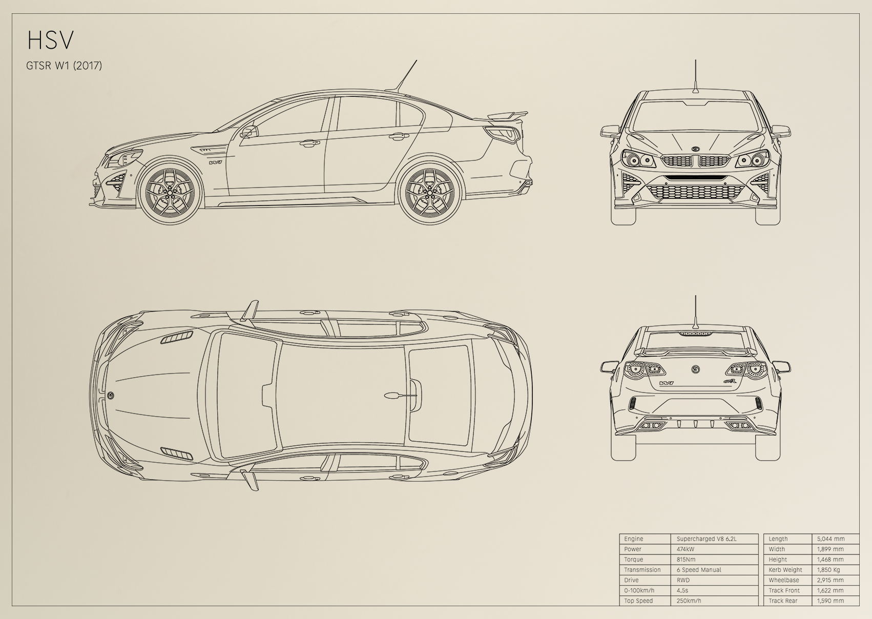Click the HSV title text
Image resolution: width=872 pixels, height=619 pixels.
50,40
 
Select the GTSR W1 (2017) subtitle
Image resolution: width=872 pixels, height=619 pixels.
64,66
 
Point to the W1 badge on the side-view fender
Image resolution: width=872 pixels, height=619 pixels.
215,162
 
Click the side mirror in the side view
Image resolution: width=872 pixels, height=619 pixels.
249,132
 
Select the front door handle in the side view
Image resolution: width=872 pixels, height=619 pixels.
307,144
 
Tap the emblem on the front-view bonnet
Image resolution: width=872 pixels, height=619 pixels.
696,149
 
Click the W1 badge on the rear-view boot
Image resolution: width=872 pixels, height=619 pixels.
667,383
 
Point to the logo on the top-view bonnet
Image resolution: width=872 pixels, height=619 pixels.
111,395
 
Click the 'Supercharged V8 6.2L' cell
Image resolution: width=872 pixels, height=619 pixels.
707,539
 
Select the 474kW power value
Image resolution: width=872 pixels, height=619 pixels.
686,549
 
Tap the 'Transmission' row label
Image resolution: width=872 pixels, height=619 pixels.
642,570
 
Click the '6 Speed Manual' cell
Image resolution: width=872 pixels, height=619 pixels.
699,570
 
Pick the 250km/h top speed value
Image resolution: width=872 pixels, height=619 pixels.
689,601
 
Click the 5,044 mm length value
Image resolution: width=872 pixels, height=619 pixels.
831,539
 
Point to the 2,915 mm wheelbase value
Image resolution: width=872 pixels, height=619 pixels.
831,580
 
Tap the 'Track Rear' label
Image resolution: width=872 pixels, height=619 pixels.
783,601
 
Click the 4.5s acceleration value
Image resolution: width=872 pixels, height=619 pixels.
682,590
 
